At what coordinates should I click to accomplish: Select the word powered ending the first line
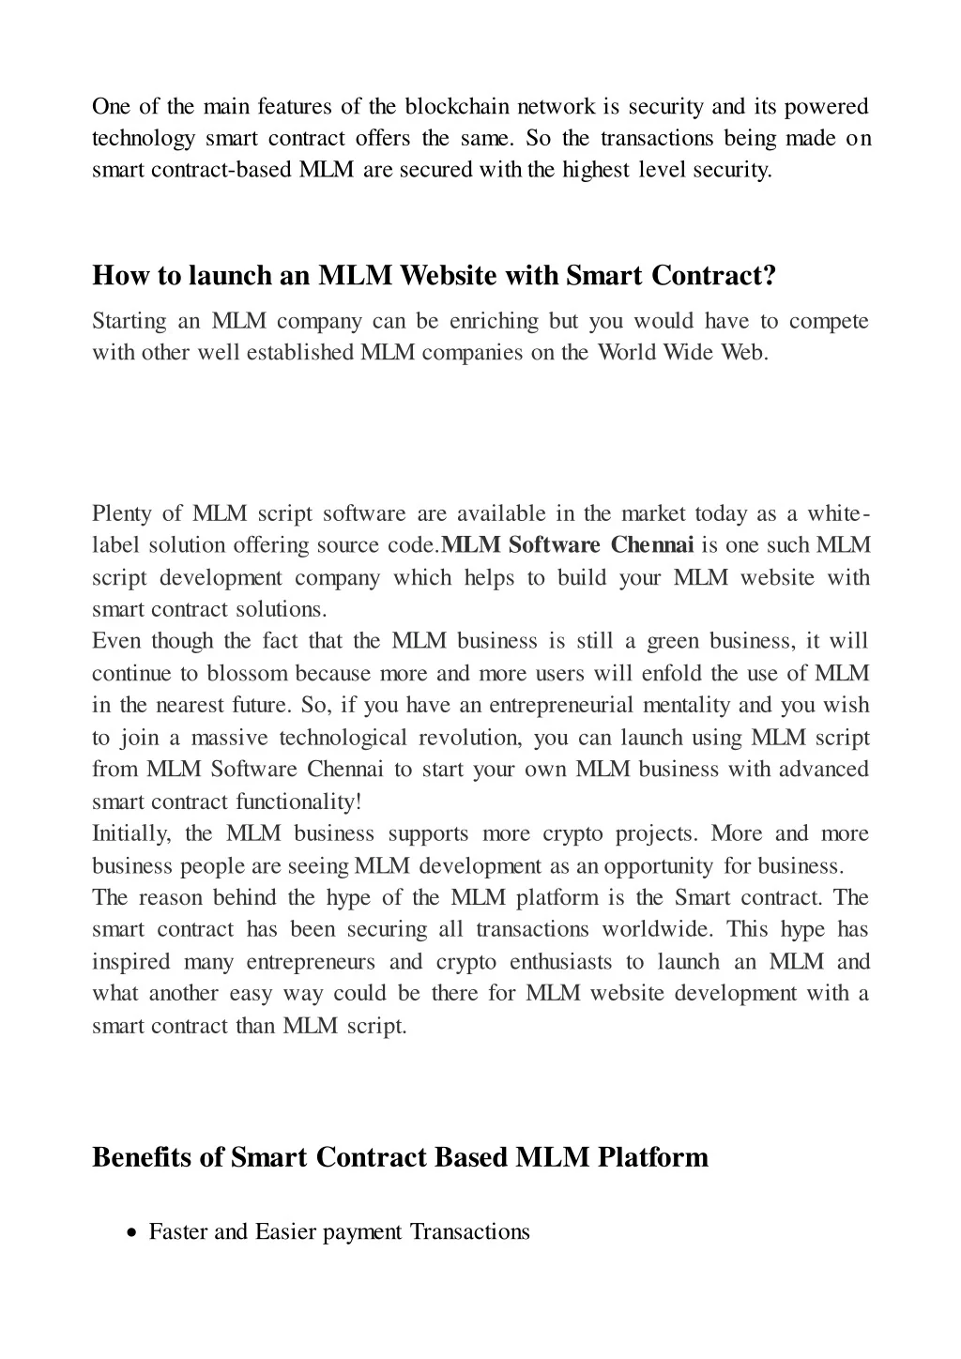tap(826, 107)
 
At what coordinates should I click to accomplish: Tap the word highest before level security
tap(596, 170)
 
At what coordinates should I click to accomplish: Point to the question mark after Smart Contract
tap(770, 276)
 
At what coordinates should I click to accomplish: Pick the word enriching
tap(494, 322)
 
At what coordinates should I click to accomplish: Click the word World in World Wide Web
tap(627, 353)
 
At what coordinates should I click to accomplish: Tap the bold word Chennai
tap(652, 545)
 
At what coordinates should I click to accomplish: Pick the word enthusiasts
tap(560, 962)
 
